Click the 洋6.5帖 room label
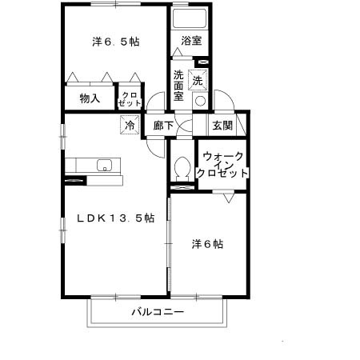tap(114, 41)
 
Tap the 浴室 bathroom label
tap(190, 39)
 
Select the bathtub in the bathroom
tap(190, 19)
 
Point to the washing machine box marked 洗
tap(198, 80)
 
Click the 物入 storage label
tap(90, 98)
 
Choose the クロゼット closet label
tap(129, 98)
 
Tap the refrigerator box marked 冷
tap(129, 125)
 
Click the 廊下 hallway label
tap(163, 126)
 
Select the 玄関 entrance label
tap(222, 125)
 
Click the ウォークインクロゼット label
tap(223, 164)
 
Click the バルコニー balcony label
tap(158, 311)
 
